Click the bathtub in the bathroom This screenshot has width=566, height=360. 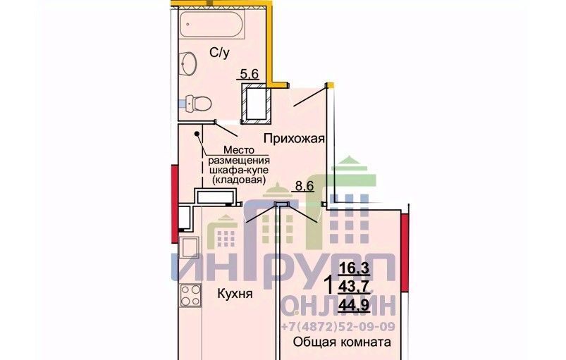pyautogui.click(x=211, y=24)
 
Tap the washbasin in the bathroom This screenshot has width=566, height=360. pyautogui.click(x=188, y=64)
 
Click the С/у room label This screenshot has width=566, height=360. pyautogui.click(x=219, y=53)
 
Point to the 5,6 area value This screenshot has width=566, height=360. pyautogui.click(x=250, y=74)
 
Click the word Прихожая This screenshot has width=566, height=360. pyautogui.click(x=294, y=139)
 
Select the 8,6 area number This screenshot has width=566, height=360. pyautogui.click(x=304, y=186)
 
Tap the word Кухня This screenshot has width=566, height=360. pyautogui.click(x=235, y=294)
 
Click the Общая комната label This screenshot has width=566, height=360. pyautogui.click(x=342, y=342)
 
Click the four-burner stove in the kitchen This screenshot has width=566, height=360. pyautogui.click(x=190, y=295)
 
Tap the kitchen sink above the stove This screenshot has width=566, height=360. pyautogui.click(x=189, y=247)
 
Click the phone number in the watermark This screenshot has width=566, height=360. pyautogui.click(x=338, y=326)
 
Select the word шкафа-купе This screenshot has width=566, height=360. pyautogui.click(x=239, y=170)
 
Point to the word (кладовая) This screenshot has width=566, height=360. pyautogui.click(x=239, y=179)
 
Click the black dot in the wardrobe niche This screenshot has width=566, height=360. pyautogui.click(x=197, y=134)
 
